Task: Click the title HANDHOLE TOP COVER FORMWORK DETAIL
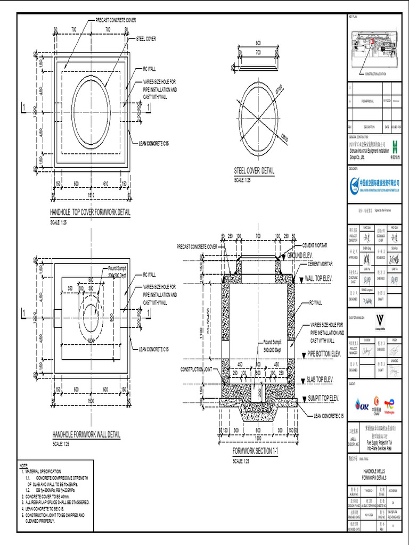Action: (x=90, y=212)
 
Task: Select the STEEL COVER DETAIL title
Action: (x=254, y=171)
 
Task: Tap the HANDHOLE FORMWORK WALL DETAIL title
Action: (x=86, y=434)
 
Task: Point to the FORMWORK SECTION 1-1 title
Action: (x=255, y=451)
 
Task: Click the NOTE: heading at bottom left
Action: (x=24, y=466)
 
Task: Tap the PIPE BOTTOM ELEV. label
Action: (x=323, y=353)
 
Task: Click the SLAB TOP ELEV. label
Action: (x=320, y=379)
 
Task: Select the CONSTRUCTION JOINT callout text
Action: (x=197, y=369)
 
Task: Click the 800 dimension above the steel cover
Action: (x=258, y=43)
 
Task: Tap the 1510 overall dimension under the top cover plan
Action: (x=91, y=195)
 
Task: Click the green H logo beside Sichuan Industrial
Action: (x=394, y=146)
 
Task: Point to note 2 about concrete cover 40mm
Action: (x=51, y=496)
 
